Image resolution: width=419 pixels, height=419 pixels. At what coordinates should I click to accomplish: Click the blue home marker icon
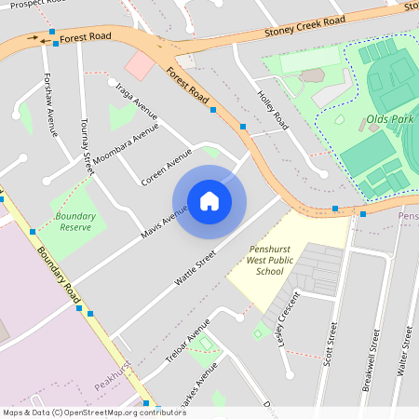coord(209,201)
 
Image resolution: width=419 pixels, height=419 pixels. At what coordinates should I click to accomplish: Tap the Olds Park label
coord(389,120)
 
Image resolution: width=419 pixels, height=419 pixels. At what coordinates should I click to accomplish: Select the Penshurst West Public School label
coord(267,261)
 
